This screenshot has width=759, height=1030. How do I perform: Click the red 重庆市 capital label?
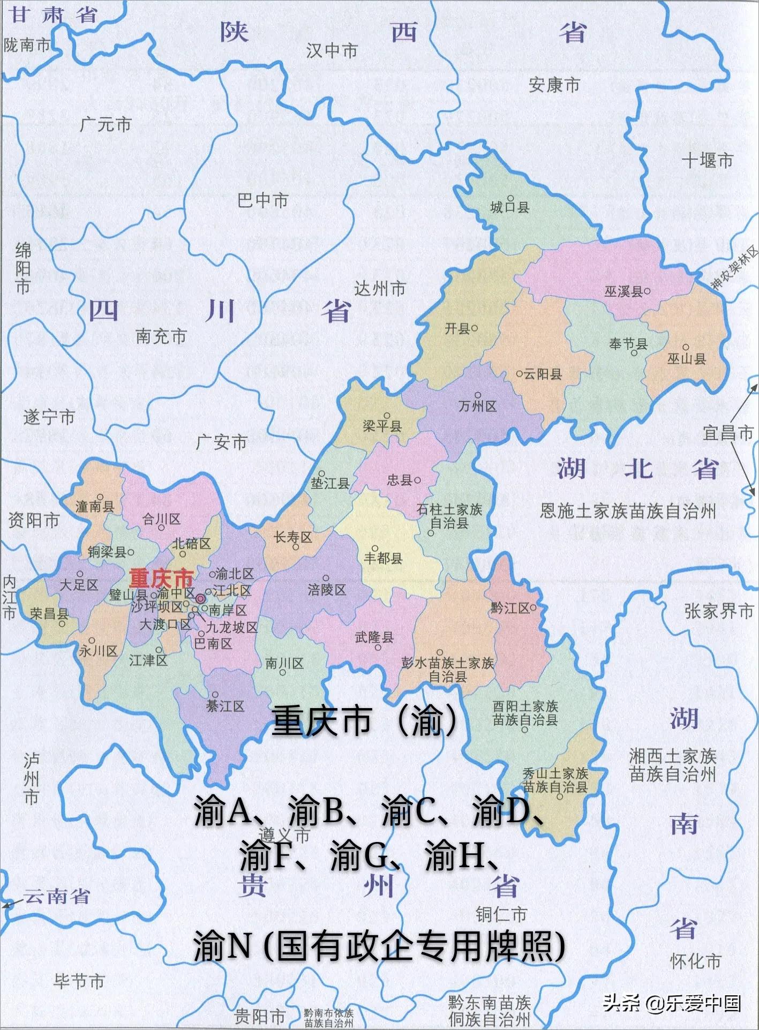pos(161,578)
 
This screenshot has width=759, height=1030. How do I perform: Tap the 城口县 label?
pos(509,207)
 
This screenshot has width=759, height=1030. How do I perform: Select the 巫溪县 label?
pos(623,291)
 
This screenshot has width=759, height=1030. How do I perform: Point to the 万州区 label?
pos(478,407)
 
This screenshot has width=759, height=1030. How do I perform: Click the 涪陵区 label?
pos(327,590)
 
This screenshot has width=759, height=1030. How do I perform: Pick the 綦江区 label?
pos(226,706)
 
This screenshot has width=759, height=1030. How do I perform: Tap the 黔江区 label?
pos(510,608)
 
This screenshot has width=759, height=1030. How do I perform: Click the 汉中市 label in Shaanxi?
pos(332,51)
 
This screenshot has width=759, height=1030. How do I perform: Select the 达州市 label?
pos(380,289)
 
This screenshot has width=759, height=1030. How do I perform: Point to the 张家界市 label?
pos(719,611)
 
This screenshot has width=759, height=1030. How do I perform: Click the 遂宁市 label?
pos(49,417)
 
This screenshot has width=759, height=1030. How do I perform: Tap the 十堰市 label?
pos(707,160)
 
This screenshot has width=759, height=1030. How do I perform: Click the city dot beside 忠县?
pos(418,480)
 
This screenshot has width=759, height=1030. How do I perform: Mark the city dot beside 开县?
pos(475,328)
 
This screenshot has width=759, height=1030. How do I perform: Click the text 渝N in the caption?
pos(222,945)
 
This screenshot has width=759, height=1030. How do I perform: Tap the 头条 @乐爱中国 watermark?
pos(672,1002)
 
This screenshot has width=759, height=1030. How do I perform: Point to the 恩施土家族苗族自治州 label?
pos(628,511)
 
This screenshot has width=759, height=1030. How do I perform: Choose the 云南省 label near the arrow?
pos(56,896)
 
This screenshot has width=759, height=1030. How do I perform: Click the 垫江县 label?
pos(330,483)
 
